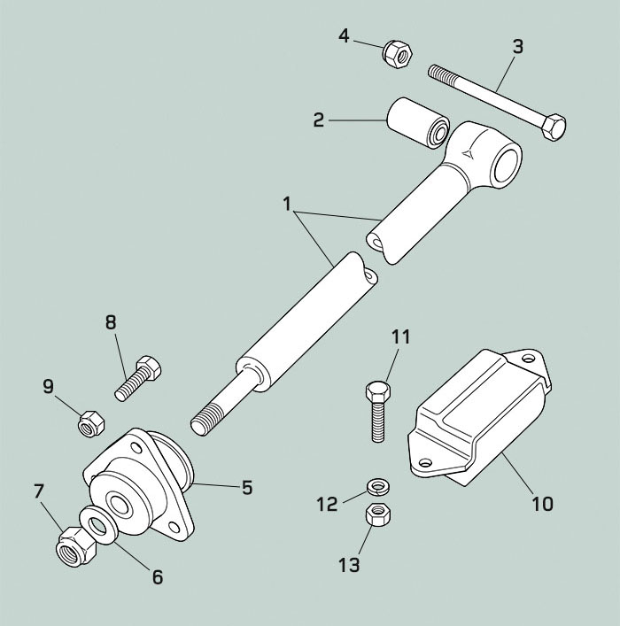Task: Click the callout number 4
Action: [x=345, y=35]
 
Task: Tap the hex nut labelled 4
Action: [x=395, y=54]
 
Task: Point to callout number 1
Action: [x=287, y=203]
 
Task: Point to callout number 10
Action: [x=541, y=504]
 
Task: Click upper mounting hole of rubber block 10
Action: [x=530, y=359]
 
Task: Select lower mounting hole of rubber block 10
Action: [x=423, y=461]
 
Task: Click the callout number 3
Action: [x=517, y=46]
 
